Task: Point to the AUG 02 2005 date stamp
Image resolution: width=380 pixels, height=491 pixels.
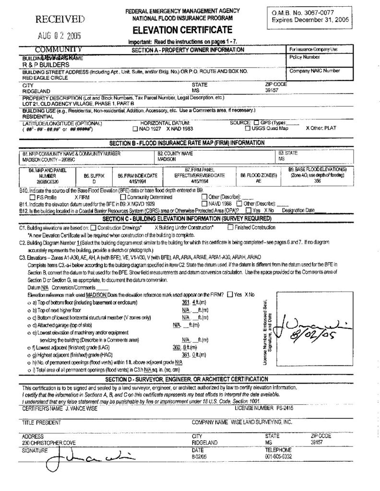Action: (60, 36)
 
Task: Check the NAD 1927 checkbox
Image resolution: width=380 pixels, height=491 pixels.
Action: (135, 129)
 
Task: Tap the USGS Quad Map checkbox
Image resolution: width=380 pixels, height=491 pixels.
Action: (247, 129)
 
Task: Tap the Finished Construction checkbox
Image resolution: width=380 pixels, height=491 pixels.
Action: (230, 227)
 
